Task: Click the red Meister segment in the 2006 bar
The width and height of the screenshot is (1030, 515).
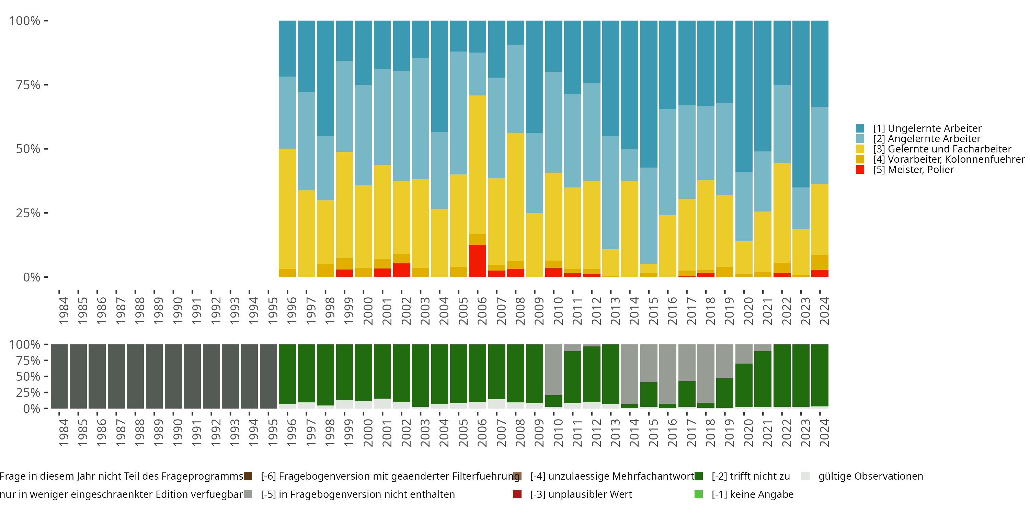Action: [478, 261]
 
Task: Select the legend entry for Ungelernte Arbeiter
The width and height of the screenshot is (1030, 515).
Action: [927, 128]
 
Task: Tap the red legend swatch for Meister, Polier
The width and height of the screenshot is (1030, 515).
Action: [860, 170]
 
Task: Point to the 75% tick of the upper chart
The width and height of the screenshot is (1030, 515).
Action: [46, 85]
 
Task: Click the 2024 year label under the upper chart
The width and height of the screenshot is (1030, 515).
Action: [824, 311]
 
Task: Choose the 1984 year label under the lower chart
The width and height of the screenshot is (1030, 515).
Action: [64, 433]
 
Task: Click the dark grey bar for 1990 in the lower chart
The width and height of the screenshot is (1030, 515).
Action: [173, 376]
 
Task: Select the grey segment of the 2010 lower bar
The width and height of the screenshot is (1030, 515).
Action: [554, 369]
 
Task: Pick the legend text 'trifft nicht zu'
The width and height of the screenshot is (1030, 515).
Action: [751, 476]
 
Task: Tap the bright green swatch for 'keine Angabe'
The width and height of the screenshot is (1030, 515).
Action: [699, 494]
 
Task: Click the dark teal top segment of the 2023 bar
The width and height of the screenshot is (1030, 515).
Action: [801, 104]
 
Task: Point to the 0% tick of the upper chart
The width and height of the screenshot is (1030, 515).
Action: [46, 277]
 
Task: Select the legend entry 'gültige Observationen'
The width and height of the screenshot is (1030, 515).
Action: [870, 476]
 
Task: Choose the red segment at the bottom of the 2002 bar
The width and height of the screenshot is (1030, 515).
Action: [401, 270]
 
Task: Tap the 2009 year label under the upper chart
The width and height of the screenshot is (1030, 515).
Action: [539, 311]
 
